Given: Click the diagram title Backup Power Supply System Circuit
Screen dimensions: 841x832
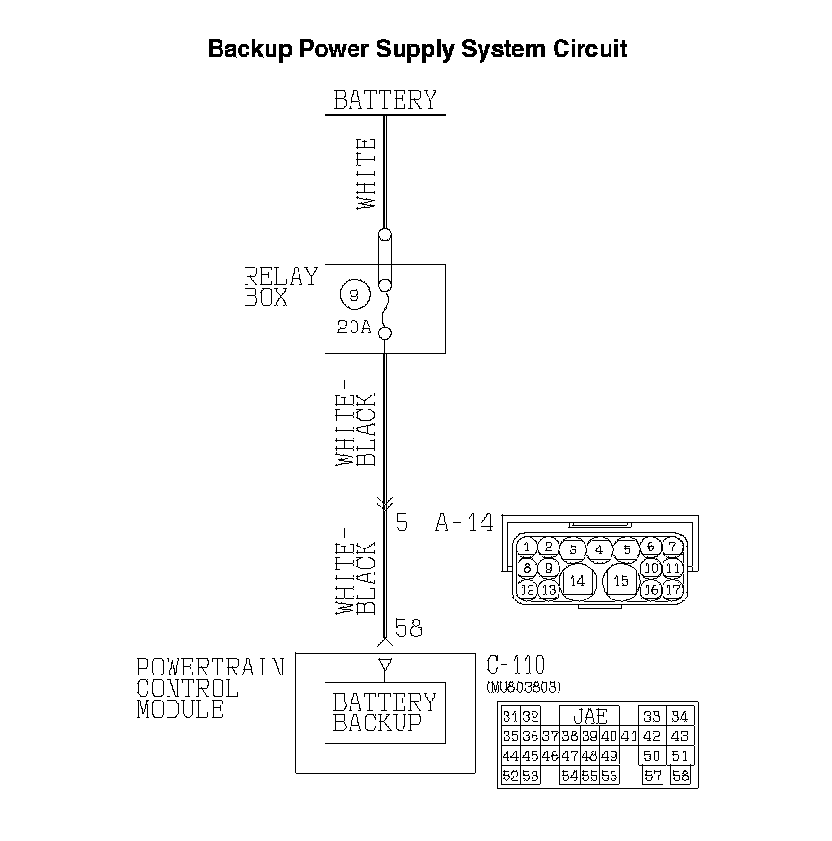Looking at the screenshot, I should (x=417, y=49).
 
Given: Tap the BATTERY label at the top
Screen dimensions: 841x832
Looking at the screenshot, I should (x=385, y=100).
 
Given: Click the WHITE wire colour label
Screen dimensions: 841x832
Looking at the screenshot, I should (x=367, y=173).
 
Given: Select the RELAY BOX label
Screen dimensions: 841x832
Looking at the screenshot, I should (x=279, y=287).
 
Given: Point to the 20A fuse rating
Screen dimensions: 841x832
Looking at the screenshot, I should (x=353, y=326).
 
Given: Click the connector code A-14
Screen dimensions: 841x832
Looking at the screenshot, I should (x=464, y=523).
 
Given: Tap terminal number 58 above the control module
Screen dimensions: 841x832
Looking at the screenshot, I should (x=408, y=629).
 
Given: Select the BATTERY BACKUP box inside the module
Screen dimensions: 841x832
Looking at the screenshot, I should (x=384, y=713).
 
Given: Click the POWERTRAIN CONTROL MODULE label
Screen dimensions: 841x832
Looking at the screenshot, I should (x=210, y=688).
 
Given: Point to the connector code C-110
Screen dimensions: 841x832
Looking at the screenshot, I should (x=515, y=665).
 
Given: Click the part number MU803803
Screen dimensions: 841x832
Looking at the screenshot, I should (x=525, y=686).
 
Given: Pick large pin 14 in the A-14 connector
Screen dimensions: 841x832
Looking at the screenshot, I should (x=577, y=581).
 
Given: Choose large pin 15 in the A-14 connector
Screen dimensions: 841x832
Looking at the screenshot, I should (x=621, y=581).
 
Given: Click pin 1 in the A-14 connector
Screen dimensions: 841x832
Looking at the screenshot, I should (x=527, y=548).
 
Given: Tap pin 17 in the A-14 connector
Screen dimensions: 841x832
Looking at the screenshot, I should (x=673, y=588).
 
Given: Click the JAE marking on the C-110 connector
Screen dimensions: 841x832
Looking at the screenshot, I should (x=589, y=717).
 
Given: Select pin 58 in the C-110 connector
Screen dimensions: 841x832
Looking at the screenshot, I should (x=681, y=776).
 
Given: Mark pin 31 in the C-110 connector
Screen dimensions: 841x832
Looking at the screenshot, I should (x=510, y=717).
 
